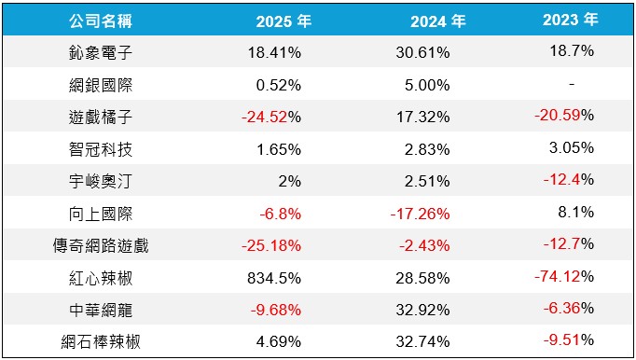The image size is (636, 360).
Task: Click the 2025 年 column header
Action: coord(283,21)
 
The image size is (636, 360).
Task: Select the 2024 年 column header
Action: coord(438,21)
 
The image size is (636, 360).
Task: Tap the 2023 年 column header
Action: coord(571,19)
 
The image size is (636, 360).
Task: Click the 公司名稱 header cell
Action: coord(101,21)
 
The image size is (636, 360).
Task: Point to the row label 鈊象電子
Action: coord(101,53)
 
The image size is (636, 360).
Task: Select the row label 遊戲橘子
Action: coord(101,117)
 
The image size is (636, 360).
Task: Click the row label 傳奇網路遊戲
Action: coord(101,245)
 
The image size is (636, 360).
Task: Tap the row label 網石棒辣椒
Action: coord(101,341)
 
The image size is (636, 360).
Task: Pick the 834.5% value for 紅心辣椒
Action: coord(274,278)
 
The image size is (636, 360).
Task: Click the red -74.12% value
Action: coord(564,276)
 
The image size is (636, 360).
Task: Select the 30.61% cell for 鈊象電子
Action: coord(422,52)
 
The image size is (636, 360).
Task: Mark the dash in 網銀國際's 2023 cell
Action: coord(572,85)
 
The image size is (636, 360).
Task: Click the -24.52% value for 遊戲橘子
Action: coord(271,117)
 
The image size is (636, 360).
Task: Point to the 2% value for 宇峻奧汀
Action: coord(290,181)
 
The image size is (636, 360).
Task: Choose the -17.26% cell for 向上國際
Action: coord(421,214)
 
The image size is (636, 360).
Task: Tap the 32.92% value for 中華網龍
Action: coord(422,310)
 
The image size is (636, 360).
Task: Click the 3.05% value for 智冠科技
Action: coord(572,147)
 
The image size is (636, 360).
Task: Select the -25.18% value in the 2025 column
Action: coord(271,245)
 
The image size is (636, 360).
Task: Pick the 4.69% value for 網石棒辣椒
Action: coord(279,341)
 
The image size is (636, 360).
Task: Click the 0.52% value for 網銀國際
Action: coord(279,85)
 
